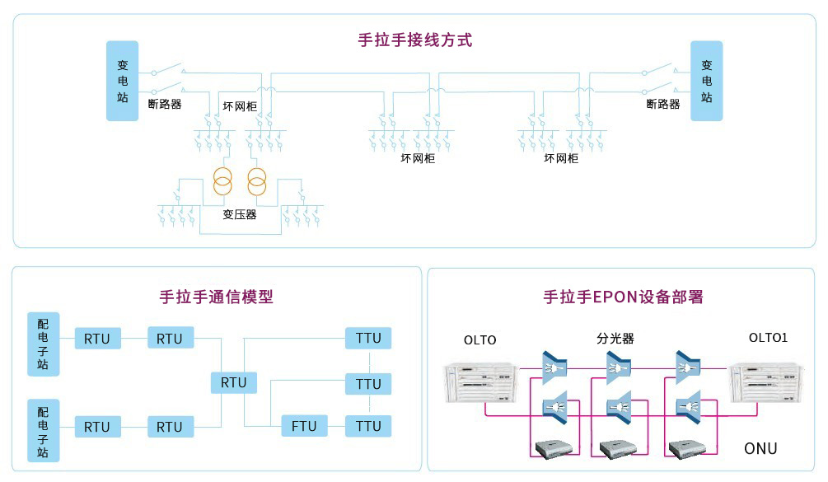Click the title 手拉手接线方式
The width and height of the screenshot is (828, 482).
414,40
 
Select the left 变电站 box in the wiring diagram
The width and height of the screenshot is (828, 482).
122,80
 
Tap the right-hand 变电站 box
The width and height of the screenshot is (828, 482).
706,80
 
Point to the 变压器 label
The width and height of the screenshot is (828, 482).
240,214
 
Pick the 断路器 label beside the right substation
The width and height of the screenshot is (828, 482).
663,105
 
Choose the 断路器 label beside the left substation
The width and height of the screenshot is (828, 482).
165,105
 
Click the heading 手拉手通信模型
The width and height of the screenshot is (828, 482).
216,297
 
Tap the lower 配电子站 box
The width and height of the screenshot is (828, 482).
43,430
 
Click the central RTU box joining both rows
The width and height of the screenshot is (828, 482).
234,382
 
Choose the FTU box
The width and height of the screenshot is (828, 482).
304,426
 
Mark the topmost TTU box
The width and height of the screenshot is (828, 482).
369,338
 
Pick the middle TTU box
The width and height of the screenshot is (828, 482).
369,383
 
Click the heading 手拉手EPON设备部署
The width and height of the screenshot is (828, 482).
623,297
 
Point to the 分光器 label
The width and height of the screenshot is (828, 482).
615,339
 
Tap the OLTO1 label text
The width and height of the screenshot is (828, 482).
768,338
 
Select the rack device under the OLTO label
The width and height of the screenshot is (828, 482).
482,383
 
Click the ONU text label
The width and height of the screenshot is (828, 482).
760,448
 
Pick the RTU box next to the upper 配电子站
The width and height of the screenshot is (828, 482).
97,339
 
